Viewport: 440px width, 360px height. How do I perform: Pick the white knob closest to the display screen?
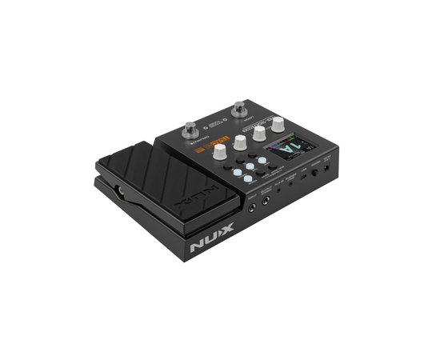tap(278, 124)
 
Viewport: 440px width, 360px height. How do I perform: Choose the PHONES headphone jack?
tap(290, 184)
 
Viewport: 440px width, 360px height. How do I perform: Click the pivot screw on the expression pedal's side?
tap(120, 190)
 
